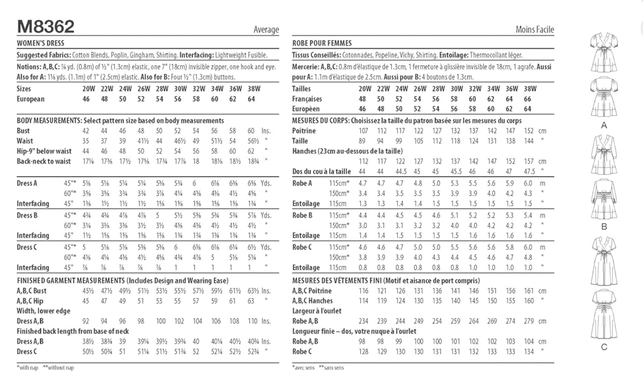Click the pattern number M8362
[x=46, y=27]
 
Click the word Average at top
[x=266, y=29]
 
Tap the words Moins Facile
[x=535, y=29]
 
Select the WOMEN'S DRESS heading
[x=40, y=43]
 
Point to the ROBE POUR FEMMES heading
[x=322, y=43]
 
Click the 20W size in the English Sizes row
[x=88, y=89]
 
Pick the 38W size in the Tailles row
[x=530, y=89]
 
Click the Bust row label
[x=23, y=131]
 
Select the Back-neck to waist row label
[x=44, y=161]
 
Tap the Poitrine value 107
[x=363, y=131]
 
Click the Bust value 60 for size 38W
[x=251, y=131]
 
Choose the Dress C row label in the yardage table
[x=27, y=247]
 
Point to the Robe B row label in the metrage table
[x=302, y=215]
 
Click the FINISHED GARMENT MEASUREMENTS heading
[x=71, y=280]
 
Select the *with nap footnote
[x=28, y=368]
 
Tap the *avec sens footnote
[x=303, y=368]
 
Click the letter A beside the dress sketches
[x=604, y=126]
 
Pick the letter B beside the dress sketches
[x=604, y=227]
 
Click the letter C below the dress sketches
[x=604, y=347]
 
